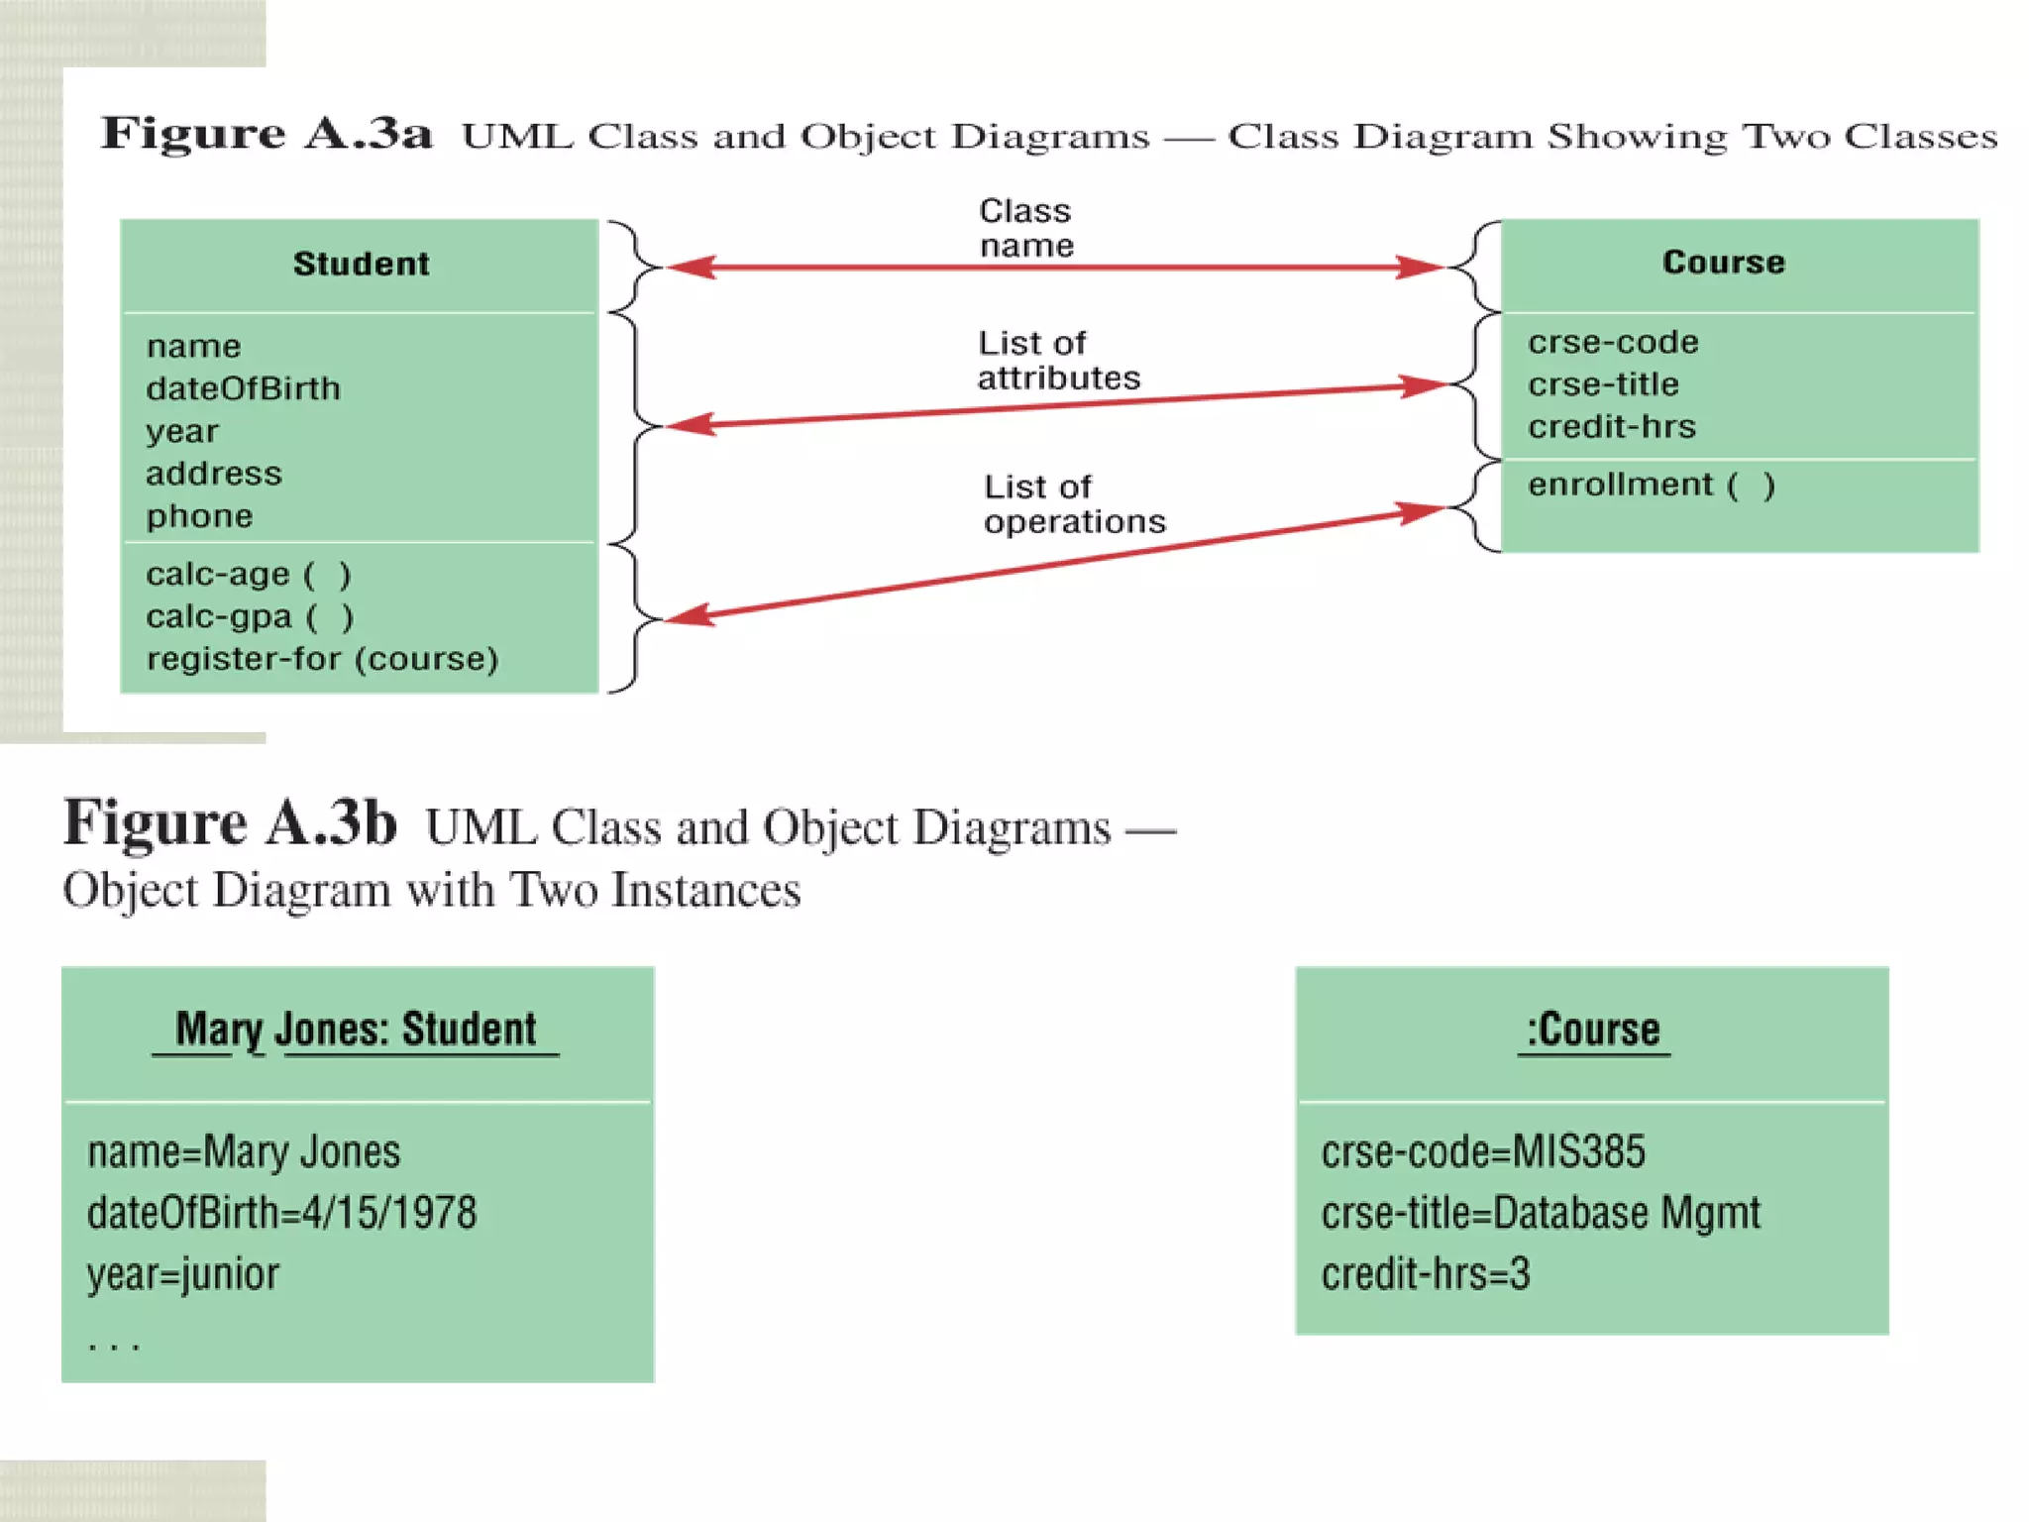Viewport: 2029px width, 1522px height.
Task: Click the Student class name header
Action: click(361, 264)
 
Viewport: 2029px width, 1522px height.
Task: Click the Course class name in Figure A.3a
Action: click(1723, 262)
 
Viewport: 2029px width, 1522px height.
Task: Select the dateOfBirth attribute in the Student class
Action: click(243, 388)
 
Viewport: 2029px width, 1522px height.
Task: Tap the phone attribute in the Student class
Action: click(199, 516)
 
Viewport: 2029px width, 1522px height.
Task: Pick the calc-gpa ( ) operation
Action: click(249, 616)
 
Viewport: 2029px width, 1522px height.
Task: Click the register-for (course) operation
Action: click(322, 659)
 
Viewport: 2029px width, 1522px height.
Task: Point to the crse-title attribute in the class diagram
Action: click(1603, 384)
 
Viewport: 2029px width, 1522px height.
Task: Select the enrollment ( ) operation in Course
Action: click(1651, 485)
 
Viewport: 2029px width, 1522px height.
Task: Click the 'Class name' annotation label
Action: click(1025, 228)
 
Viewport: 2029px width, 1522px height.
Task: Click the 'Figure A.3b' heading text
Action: click(230, 822)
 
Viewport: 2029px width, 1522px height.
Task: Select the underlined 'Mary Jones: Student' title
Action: click(356, 1030)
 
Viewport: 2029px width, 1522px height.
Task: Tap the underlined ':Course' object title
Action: click(1592, 1030)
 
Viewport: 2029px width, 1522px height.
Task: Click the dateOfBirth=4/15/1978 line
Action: click(281, 1213)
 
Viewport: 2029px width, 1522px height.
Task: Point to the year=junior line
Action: click(182, 1274)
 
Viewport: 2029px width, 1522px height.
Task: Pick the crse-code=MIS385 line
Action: click(1482, 1151)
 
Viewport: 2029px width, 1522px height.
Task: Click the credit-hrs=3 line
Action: click(1425, 1274)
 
